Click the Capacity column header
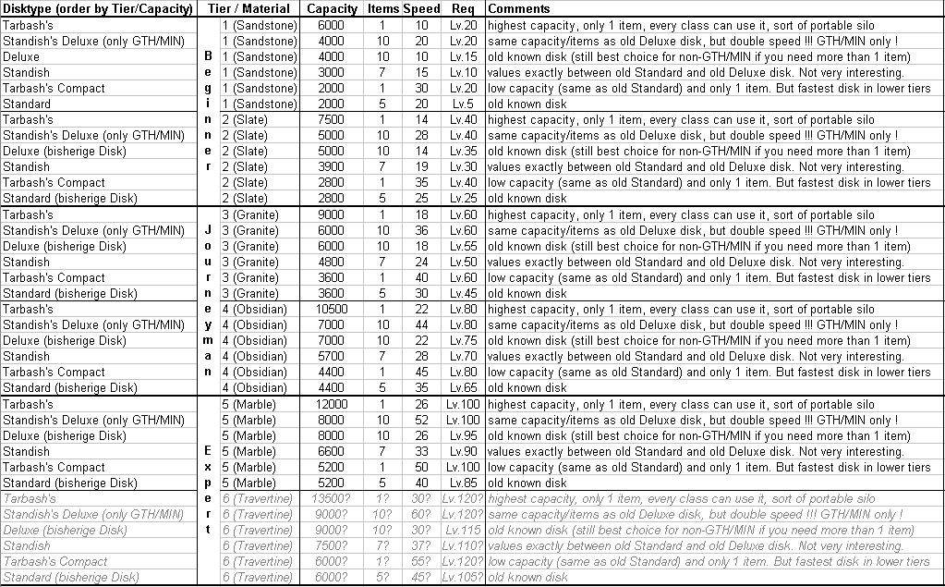(x=333, y=9)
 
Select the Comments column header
(x=518, y=9)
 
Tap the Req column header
(x=463, y=9)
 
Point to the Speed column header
(x=421, y=9)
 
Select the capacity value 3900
(x=333, y=167)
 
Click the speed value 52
(x=421, y=421)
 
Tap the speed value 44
(x=421, y=325)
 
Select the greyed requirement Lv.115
(x=463, y=531)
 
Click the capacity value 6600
(x=333, y=452)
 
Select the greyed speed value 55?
(x=421, y=562)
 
